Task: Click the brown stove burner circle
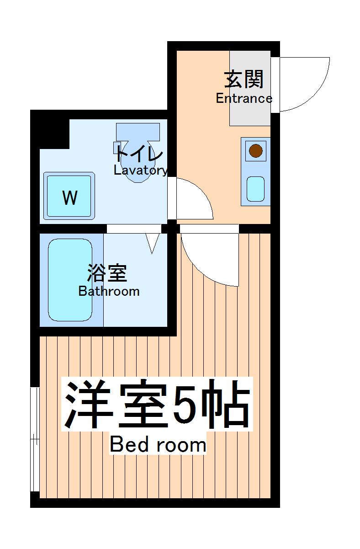tap(256, 150)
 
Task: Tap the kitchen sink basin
tap(256, 189)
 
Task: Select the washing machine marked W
tap(69, 196)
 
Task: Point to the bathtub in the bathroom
tap(71, 279)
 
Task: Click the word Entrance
tap(244, 98)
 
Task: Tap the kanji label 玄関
tap(244, 80)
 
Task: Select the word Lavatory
tap(140, 171)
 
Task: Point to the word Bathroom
tap(109, 291)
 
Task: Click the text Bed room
tap(158, 444)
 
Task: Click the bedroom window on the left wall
tap(34, 439)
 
